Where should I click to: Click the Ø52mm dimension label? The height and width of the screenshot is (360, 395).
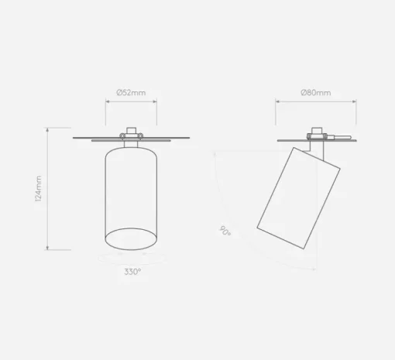[x=131, y=92]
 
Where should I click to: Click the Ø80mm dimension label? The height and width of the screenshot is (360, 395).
[x=316, y=92]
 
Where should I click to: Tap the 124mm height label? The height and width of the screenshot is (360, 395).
[x=38, y=188]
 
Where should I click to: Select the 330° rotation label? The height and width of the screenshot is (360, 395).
[x=132, y=272]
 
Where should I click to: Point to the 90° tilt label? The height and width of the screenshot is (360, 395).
[x=225, y=231]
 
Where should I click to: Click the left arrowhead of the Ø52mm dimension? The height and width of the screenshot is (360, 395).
[x=108, y=101]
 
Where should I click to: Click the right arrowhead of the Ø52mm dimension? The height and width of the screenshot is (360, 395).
[x=155, y=101]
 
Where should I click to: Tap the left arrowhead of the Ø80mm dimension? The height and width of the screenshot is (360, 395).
[x=278, y=101]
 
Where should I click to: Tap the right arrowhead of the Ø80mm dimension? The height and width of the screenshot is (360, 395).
[x=354, y=101]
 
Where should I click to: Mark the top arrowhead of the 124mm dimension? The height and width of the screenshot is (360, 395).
[x=47, y=130]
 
